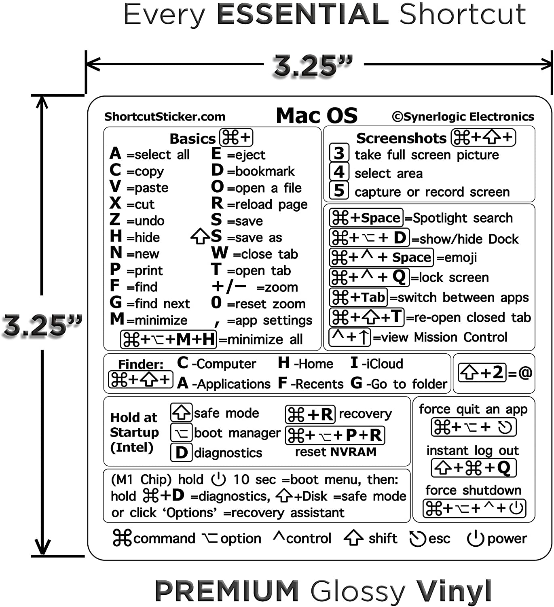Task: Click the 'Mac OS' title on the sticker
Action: point(317,116)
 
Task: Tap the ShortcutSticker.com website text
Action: point(165,117)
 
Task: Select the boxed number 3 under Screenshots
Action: point(339,153)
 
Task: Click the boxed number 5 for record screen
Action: point(339,190)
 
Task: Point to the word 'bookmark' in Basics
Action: point(265,171)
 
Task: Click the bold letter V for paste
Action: point(116,186)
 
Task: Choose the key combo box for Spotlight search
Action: point(366,217)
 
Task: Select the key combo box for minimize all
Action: point(169,339)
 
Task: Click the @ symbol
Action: point(525,372)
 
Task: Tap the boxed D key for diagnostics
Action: point(182,452)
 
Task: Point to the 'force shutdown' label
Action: point(473,490)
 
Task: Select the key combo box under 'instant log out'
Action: point(474,468)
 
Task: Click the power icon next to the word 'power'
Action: point(476,538)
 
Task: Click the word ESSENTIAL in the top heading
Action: point(303,14)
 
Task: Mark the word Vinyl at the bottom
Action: point(454,591)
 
